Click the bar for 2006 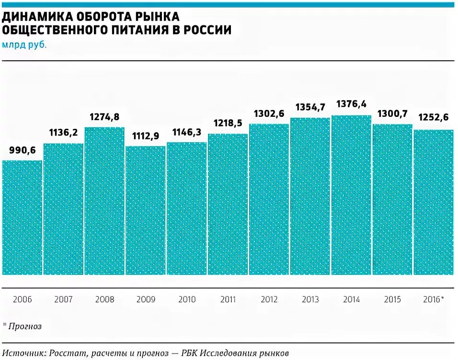click(x=22, y=217)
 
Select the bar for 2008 click(x=104, y=201)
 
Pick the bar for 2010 click(x=187, y=208)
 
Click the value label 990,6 click(x=22, y=150)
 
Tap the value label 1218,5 click(x=228, y=124)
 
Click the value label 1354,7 click(x=310, y=107)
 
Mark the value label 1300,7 click(x=392, y=114)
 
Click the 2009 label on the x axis click(x=146, y=300)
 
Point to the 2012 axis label click(x=269, y=300)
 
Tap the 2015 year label click(x=392, y=300)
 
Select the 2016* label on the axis click(x=434, y=300)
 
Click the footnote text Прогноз click(x=24, y=326)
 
